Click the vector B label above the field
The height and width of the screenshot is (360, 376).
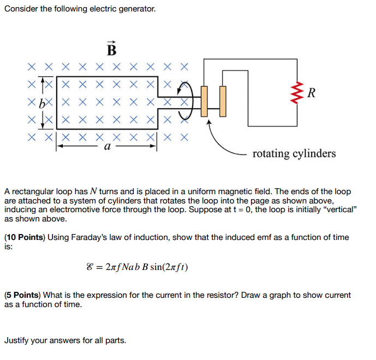coord(112,50)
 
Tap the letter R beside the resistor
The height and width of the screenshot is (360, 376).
coord(312,93)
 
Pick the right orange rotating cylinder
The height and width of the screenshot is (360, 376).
coord(223,101)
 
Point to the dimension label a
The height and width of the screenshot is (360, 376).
coord(108,147)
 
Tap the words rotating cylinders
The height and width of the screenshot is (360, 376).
coord(294,153)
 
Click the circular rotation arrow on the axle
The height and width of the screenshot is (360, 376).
coord(186,101)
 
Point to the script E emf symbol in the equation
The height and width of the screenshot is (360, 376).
coord(83,267)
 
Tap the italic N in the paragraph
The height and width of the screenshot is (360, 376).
coord(93,191)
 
